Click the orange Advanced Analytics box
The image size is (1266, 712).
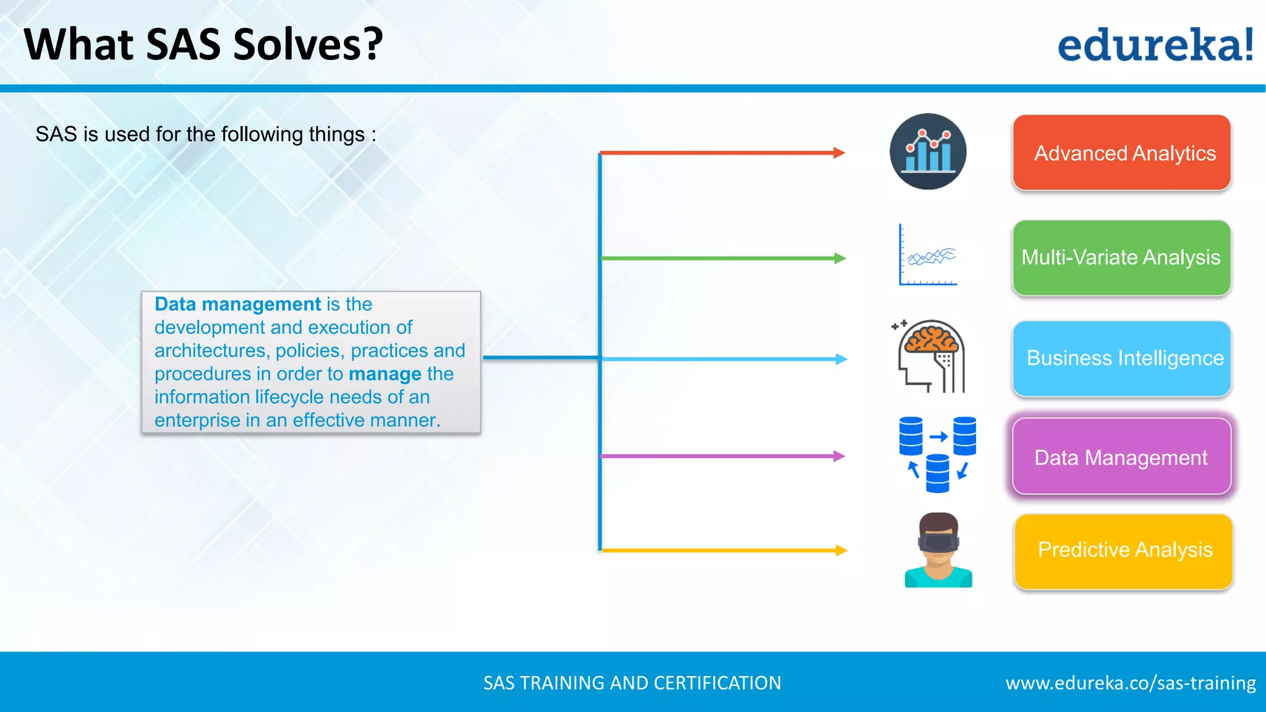click(1121, 153)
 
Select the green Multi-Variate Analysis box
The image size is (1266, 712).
click(1121, 258)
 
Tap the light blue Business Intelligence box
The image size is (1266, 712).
click(1121, 358)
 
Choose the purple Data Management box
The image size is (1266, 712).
click(1121, 457)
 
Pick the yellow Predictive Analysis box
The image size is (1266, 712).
click(1123, 551)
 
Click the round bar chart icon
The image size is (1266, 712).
click(928, 151)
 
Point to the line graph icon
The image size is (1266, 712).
click(928, 255)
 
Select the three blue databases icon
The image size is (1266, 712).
click(937, 454)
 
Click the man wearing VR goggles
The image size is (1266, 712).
click(938, 550)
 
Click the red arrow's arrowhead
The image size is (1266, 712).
click(839, 153)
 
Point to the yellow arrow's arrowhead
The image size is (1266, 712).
click(841, 550)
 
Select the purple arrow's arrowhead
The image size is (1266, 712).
click(839, 456)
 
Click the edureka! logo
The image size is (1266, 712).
click(1155, 45)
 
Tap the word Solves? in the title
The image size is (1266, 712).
click(308, 44)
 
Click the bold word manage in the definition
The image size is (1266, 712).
click(384, 374)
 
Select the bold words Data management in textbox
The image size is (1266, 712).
click(237, 304)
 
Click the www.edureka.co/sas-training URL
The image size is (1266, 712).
click(1130, 683)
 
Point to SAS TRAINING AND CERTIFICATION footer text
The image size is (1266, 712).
click(632, 683)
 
